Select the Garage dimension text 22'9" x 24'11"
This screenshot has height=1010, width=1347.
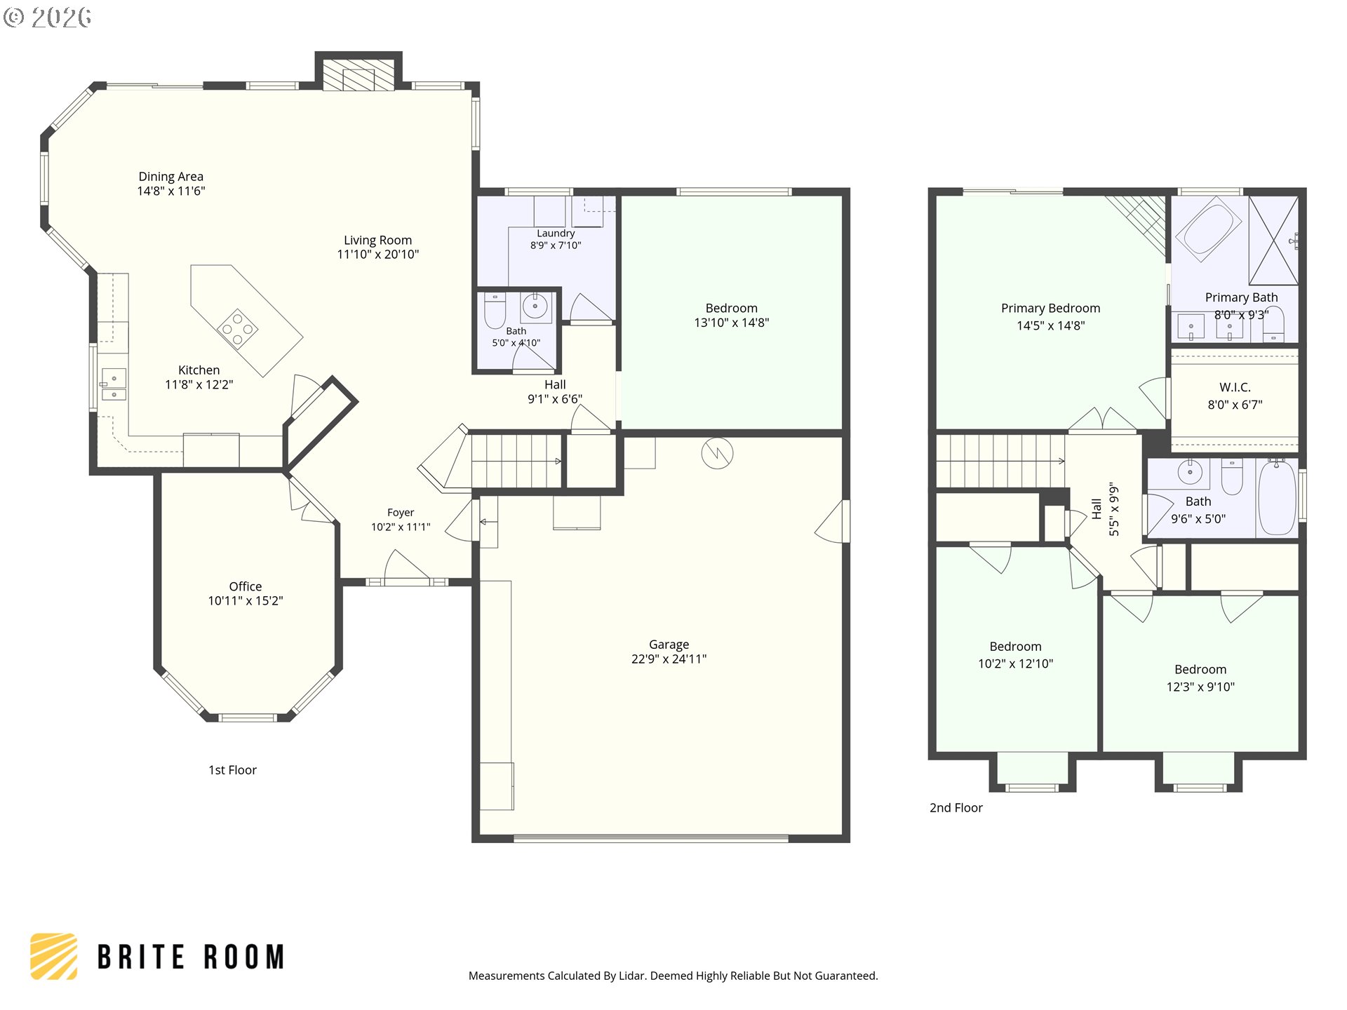(669, 659)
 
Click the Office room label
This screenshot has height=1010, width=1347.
(246, 586)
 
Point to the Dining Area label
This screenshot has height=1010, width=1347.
(170, 177)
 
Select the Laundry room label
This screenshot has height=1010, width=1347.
(556, 233)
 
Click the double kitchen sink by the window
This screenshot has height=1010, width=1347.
(113, 384)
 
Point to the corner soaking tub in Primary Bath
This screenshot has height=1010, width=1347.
(1208, 227)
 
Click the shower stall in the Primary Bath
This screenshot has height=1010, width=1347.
(1273, 241)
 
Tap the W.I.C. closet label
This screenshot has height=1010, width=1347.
(1235, 387)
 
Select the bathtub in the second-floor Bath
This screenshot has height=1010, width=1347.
(1278, 499)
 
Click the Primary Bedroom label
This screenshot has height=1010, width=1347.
(1050, 309)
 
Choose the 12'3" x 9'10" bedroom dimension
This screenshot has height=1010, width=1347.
(1200, 687)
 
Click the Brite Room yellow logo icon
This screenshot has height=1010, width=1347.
(54, 956)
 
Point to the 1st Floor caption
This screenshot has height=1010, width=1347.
(232, 770)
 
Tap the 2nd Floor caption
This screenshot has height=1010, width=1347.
(956, 808)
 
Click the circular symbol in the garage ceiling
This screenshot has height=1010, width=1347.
(717, 454)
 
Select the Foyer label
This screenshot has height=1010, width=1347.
(401, 513)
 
